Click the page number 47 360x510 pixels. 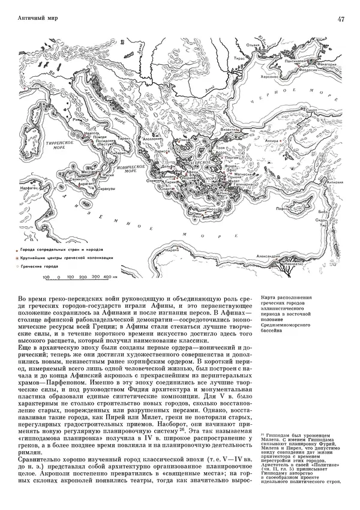(340, 19)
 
